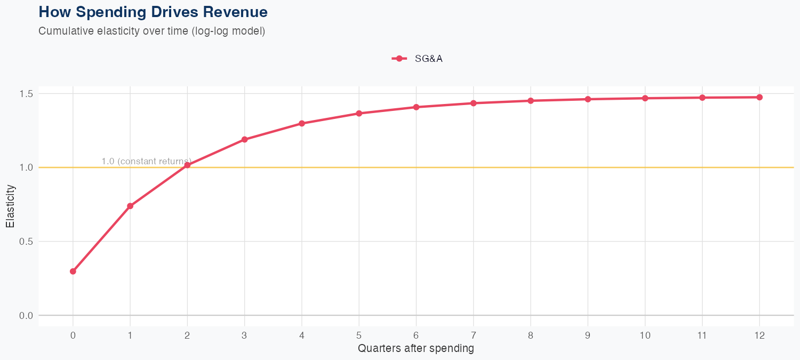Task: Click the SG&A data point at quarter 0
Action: tap(73, 271)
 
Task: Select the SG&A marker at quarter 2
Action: tap(187, 165)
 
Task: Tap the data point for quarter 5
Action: tap(359, 114)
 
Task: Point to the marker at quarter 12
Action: tap(759, 97)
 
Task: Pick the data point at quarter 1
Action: tap(130, 206)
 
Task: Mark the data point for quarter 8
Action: tap(531, 101)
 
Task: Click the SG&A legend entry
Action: tap(418, 59)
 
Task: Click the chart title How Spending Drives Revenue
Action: tap(153, 12)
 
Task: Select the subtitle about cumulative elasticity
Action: tap(151, 31)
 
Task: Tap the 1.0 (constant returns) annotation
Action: tap(146, 161)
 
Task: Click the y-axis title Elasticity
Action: tap(10, 206)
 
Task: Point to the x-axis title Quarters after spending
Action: tap(415, 349)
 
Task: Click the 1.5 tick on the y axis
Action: tap(26, 94)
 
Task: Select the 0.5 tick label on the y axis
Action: tap(26, 242)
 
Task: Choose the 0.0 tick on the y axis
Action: tap(26, 315)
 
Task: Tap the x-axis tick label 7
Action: tap(473, 335)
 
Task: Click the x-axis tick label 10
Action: tap(645, 335)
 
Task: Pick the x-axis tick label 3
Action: tap(244, 335)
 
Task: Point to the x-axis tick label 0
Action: tap(73, 335)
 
